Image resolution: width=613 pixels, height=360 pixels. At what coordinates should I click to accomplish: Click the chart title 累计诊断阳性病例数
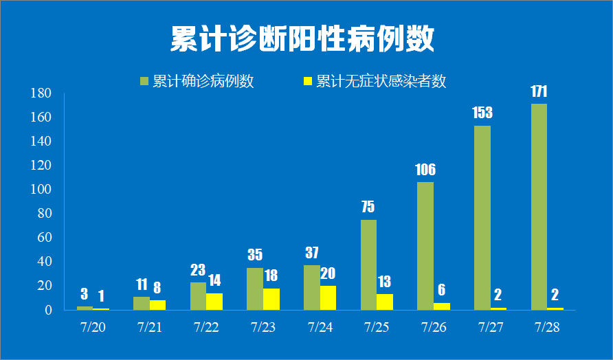(302, 40)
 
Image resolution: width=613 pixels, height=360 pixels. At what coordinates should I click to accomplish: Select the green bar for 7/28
(539, 206)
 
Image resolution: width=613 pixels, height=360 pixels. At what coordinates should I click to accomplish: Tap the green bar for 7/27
(482, 217)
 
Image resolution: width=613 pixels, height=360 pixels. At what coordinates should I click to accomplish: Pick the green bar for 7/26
(425, 245)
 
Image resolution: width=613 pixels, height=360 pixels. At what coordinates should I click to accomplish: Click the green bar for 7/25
(368, 265)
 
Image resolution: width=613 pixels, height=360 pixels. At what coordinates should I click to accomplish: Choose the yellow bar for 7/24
(328, 297)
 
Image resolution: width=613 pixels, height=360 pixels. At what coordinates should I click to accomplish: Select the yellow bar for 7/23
(271, 299)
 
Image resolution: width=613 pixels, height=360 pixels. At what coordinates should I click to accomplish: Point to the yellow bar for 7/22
(214, 301)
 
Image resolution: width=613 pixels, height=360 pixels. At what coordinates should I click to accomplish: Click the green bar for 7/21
(142, 303)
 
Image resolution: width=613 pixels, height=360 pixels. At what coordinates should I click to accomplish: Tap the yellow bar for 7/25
(385, 302)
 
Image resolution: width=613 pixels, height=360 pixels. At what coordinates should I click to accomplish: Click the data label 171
(539, 91)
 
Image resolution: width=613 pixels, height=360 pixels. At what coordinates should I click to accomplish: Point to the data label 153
(482, 113)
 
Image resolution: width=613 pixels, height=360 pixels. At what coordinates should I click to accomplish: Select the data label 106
(425, 170)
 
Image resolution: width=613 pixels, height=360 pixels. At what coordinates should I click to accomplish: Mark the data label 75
(368, 207)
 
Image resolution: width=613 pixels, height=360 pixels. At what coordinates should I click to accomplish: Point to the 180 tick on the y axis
(42, 93)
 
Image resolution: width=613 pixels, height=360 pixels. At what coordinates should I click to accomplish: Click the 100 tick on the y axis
(42, 190)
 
